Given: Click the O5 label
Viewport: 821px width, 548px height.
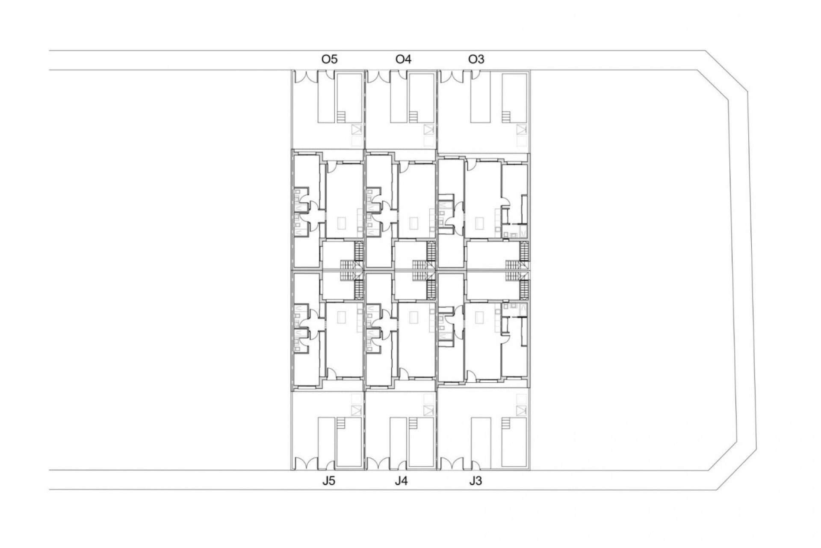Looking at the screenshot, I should [x=329, y=59].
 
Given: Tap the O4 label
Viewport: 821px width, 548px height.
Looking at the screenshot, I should [x=403, y=59].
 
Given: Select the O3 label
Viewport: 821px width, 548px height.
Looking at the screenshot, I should [x=476, y=59].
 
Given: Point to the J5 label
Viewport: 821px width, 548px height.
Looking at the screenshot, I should [x=328, y=481].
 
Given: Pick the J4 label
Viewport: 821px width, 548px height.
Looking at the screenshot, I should [x=401, y=481].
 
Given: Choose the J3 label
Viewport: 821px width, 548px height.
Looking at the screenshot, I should [x=475, y=481].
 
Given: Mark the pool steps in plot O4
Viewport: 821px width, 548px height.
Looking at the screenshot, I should [x=413, y=117].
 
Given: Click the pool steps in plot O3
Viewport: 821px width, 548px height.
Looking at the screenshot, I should [x=507, y=117].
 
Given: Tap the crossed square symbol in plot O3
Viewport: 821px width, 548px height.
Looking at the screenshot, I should [x=521, y=129].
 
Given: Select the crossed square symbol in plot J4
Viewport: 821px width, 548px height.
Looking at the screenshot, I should [x=428, y=410].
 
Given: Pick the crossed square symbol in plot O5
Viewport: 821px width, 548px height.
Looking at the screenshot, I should [x=356, y=129].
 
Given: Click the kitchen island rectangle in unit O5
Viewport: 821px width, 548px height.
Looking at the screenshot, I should [x=342, y=223].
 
